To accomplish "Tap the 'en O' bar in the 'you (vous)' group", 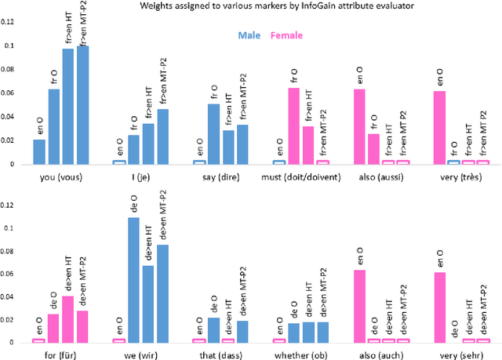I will pos(39,152).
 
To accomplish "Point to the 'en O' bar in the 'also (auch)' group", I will pos(359,306).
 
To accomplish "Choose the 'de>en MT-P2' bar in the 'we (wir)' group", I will pos(163,294).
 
